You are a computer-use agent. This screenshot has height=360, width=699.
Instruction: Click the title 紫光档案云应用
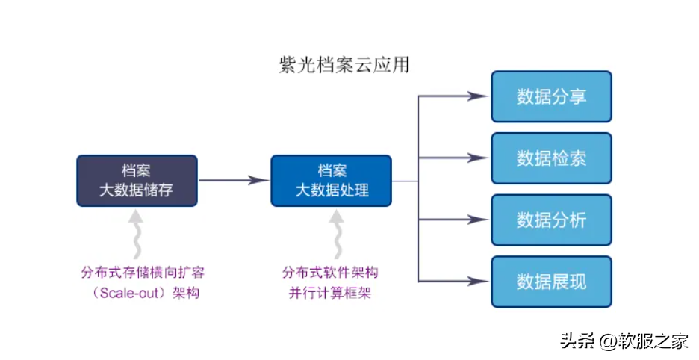(344, 65)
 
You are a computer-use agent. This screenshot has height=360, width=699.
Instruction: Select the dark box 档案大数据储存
(137, 180)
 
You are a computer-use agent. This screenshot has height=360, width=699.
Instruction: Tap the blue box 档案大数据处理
(331, 180)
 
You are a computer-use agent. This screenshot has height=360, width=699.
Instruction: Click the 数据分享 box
(551, 96)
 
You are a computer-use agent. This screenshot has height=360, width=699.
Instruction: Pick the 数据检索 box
(551, 158)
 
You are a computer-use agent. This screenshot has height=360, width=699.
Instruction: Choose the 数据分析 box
(551, 220)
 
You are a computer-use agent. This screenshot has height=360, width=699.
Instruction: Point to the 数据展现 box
(551, 282)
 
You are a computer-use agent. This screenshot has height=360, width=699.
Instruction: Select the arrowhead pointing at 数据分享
(478, 96)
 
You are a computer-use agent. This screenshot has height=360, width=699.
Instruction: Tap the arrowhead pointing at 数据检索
(478, 158)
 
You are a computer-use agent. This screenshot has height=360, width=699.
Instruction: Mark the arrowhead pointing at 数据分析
(478, 220)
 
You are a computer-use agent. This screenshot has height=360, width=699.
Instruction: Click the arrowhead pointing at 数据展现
(478, 281)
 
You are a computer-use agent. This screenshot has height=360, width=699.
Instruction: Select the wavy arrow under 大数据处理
(338, 232)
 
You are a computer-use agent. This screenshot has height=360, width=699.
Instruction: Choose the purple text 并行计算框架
(330, 293)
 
